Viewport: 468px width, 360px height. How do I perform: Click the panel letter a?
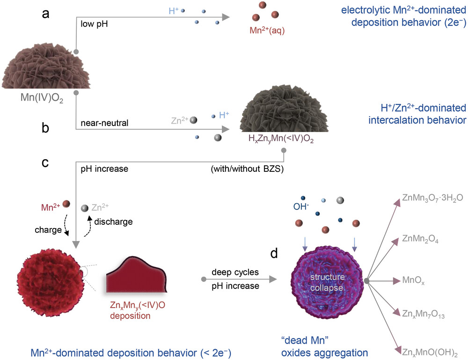tap(45, 14)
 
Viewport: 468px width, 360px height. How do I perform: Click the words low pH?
tap(94, 23)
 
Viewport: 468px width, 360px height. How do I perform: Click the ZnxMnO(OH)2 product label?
tap(426, 351)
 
